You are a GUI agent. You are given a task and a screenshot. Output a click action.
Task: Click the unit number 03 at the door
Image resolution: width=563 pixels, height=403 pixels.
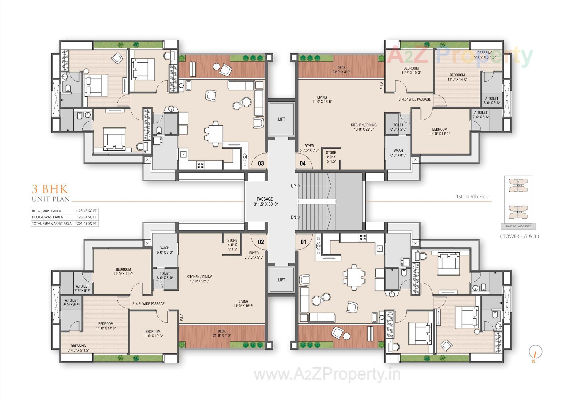[x=261, y=163]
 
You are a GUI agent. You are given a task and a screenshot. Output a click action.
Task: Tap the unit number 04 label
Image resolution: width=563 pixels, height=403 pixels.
[x=303, y=163]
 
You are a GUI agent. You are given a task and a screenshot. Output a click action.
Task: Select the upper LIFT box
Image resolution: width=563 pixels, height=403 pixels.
[x=281, y=119]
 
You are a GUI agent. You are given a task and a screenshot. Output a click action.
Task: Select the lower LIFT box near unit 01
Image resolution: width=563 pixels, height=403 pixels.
[x=281, y=280]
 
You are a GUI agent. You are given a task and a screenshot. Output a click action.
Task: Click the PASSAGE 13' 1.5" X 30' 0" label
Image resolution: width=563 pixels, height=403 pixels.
[x=264, y=201]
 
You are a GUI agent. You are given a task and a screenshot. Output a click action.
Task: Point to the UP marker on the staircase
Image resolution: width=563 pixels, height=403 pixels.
[x=294, y=186]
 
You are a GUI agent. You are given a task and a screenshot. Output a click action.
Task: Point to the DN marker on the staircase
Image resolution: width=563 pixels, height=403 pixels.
[x=294, y=217]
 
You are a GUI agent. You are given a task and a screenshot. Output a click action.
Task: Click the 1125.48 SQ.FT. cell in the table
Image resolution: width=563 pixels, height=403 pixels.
[x=86, y=211]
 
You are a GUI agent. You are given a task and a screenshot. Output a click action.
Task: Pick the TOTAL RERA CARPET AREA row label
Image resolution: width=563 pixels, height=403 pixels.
[x=52, y=223]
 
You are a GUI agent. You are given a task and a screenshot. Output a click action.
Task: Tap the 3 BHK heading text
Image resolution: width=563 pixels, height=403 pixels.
[x=50, y=189]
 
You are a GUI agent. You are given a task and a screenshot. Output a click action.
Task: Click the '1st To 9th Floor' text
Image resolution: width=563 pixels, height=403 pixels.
[x=473, y=197]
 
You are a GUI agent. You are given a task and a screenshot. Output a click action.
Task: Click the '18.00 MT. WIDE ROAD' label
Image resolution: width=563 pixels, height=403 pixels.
[x=518, y=226]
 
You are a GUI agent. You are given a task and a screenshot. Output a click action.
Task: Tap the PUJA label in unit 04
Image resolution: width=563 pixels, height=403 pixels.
[x=382, y=86]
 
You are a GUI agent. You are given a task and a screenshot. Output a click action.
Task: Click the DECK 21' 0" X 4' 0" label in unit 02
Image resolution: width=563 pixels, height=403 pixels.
[x=222, y=333]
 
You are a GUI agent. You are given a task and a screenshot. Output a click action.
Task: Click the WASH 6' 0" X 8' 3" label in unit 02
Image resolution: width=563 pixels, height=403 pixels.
[x=165, y=250]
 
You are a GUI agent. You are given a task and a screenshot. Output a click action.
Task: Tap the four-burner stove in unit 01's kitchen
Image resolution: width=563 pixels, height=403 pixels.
[x=362, y=238]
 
